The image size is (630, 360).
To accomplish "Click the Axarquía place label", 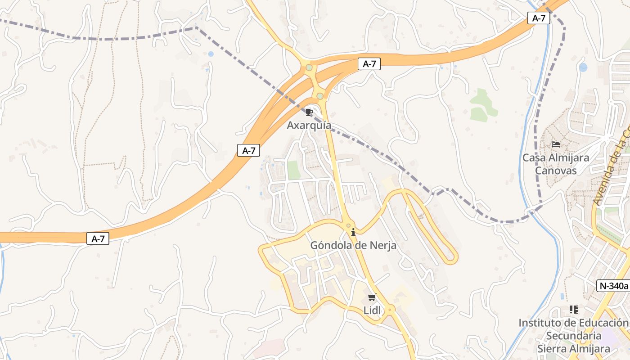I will pos(309,125).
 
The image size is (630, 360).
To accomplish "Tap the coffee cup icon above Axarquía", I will pos(309,112).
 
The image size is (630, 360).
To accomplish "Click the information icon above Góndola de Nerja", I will pos(353,232).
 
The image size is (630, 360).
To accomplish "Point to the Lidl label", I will pos(372,310).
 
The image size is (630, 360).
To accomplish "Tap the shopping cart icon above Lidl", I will pos(372,297).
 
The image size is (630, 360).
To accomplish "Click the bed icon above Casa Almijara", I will pos(556,144).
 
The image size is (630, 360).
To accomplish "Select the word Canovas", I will pos(556,171).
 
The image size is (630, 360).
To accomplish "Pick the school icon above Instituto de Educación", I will pos(573,310).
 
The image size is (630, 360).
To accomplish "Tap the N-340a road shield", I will pos(613,285).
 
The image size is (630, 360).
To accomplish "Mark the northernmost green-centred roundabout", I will pos(309,68).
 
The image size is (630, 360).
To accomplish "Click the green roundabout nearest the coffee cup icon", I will pos(320,96).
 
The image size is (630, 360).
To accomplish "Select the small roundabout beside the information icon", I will pos(348,225).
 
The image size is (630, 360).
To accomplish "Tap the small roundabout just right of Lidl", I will pos(390,309).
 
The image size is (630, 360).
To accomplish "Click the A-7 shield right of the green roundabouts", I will pos(369,64).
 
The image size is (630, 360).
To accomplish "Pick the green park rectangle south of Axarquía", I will pos(293,170).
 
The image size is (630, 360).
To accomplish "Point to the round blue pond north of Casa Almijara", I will pos(583,67).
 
